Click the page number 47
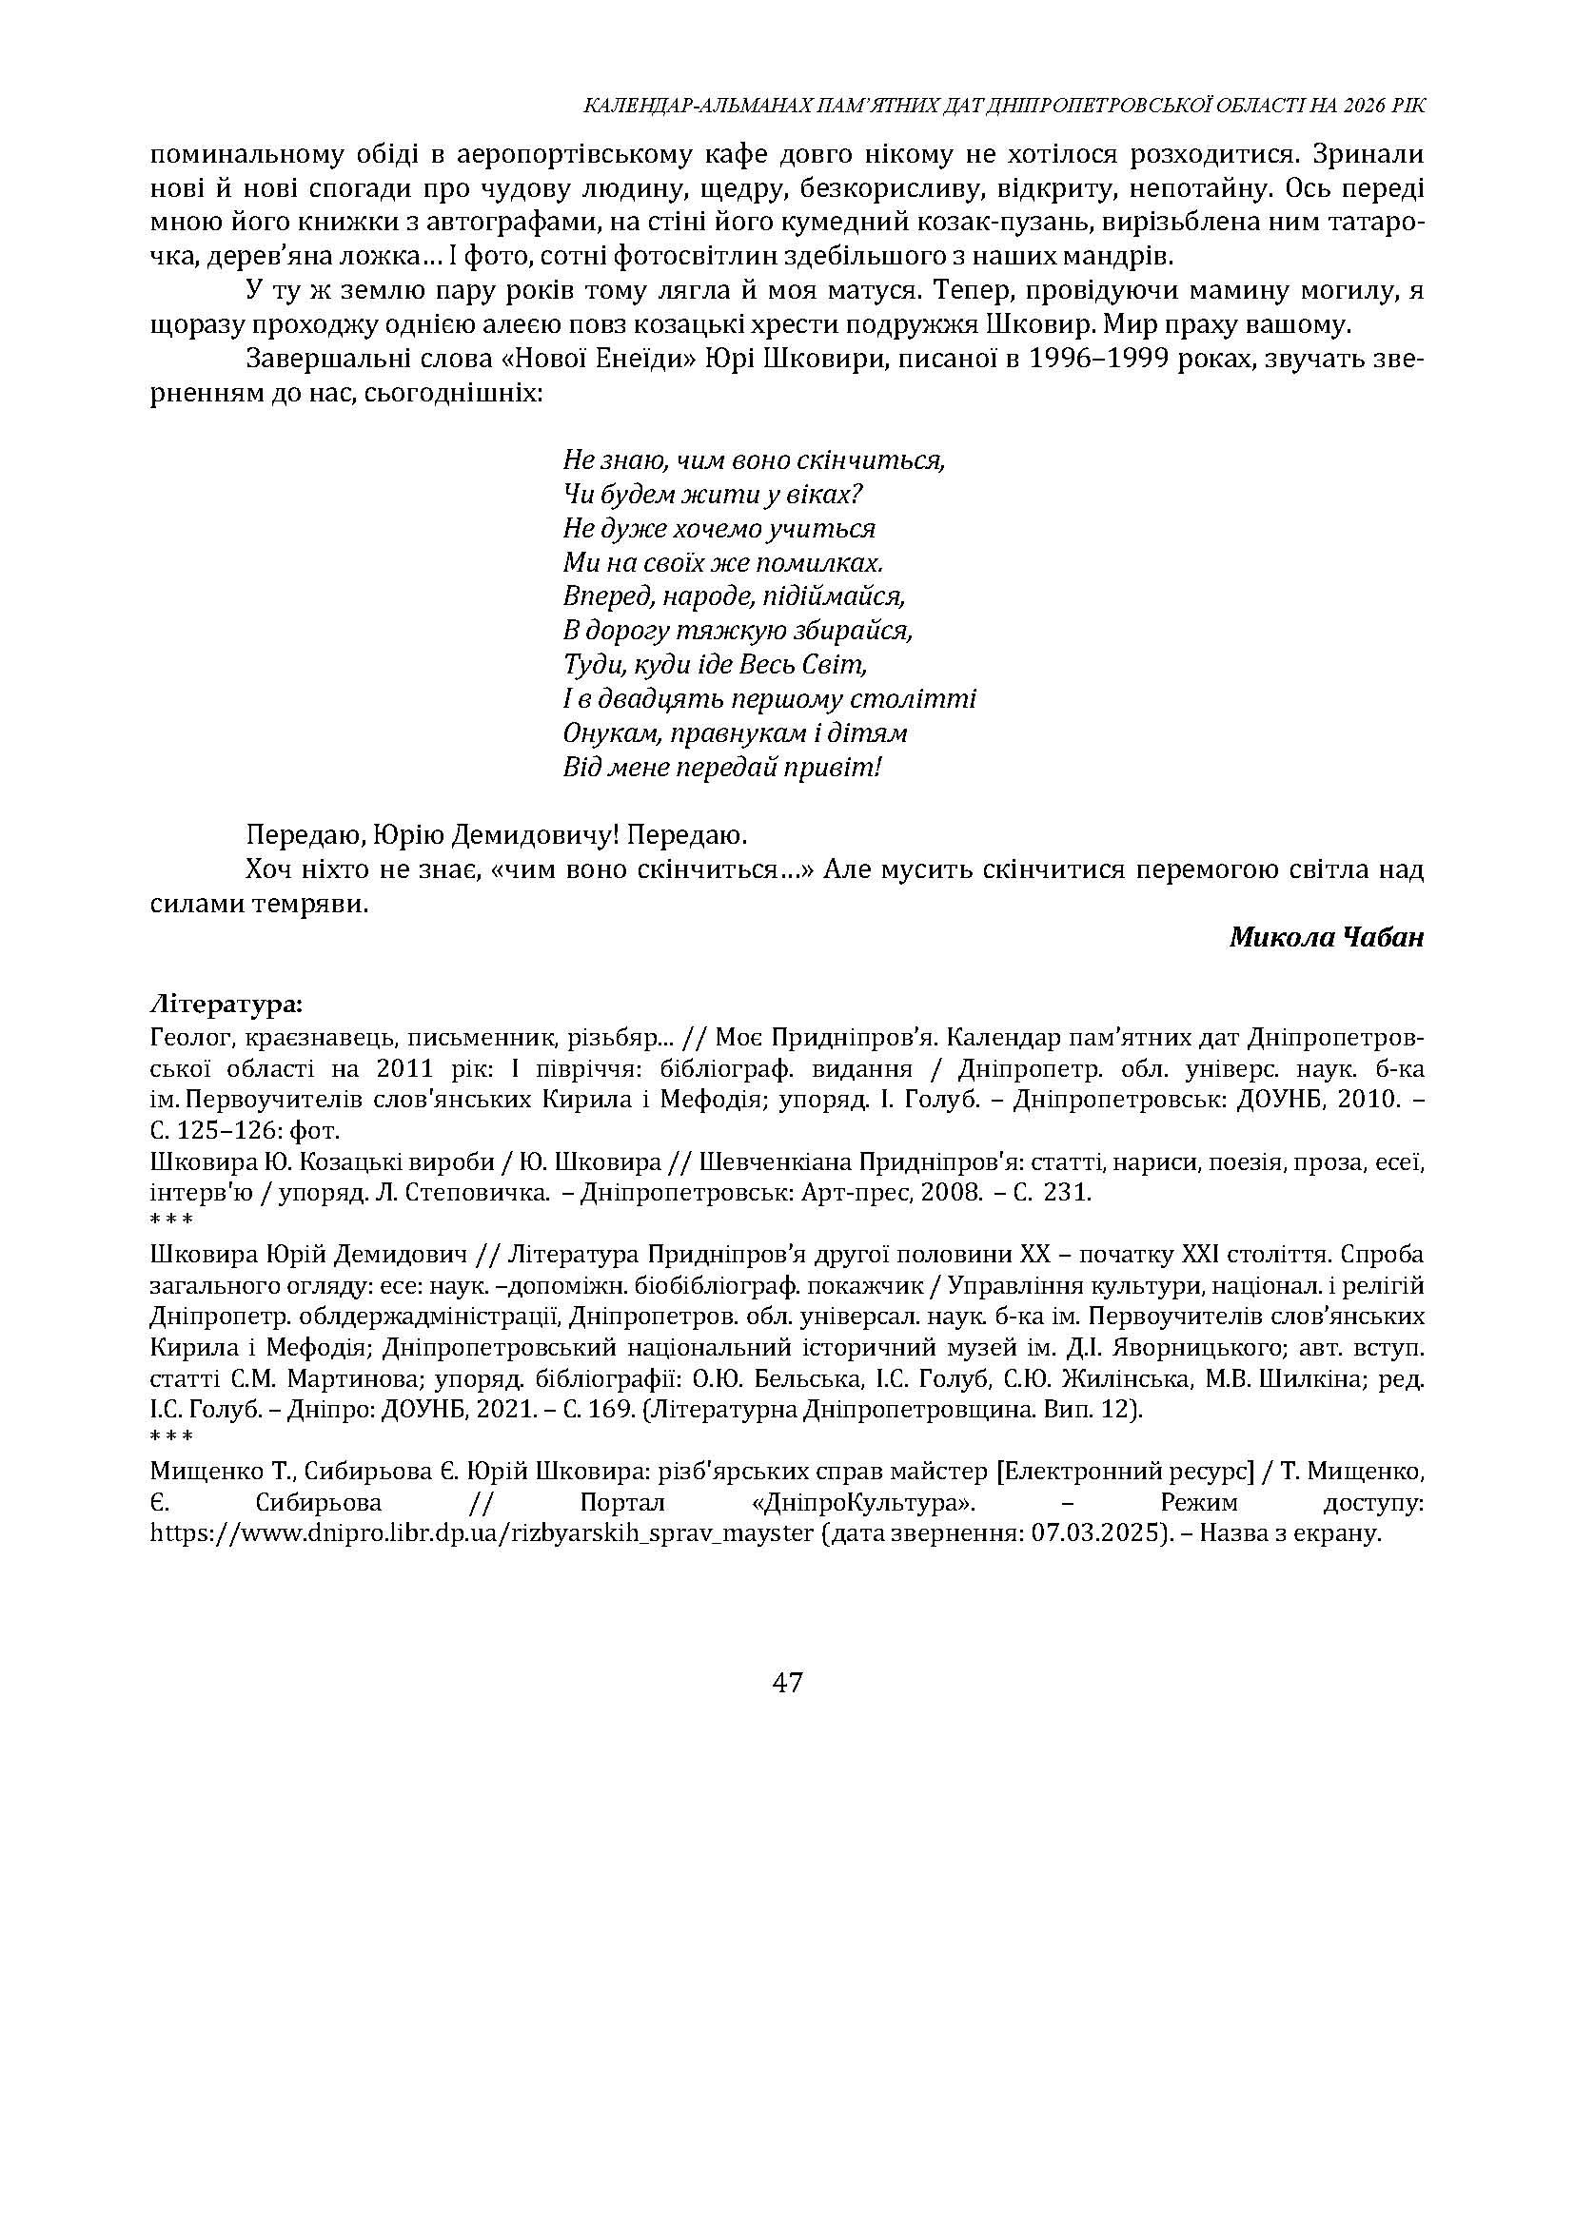pos(786,1683)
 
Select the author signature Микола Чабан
pos(1326,938)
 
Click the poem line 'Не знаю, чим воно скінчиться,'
pos(754,459)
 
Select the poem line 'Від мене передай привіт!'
pos(722,768)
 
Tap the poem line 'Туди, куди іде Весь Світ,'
pos(714,665)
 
